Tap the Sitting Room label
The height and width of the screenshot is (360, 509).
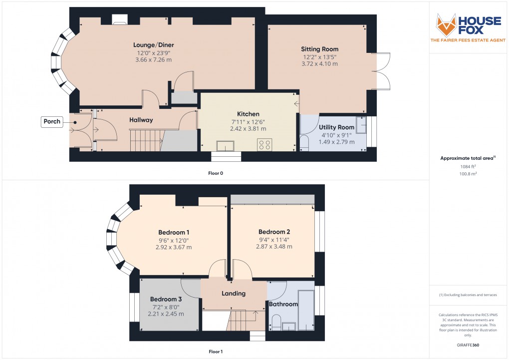(x=319, y=49)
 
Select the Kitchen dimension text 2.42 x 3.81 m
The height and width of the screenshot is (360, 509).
(x=248, y=128)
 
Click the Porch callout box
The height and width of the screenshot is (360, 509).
(x=52, y=121)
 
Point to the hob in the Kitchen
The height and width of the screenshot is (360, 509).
(x=264, y=145)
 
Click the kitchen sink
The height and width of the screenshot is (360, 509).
(x=225, y=145)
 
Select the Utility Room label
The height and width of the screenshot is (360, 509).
(x=336, y=127)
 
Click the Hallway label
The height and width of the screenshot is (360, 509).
(x=141, y=120)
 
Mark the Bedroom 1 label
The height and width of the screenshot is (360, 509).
(x=174, y=232)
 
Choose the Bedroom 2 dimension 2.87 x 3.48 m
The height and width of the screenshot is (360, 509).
(x=274, y=246)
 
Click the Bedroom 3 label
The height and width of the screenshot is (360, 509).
(x=166, y=299)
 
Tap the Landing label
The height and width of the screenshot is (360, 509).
(x=234, y=294)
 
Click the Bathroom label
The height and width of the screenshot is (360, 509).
(x=283, y=304)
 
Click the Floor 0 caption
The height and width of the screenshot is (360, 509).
(x=216, y=173)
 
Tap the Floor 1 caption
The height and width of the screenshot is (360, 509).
(x=216, y=352)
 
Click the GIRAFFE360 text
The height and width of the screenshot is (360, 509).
(x=469, y=345)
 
